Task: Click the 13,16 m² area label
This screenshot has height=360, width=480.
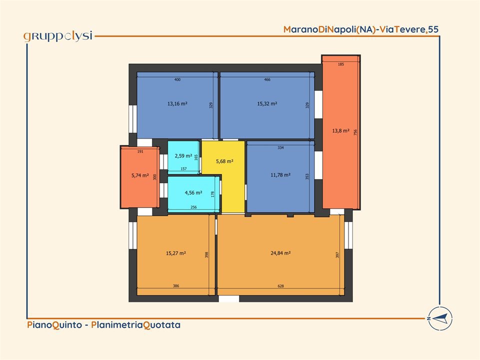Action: pyautogui.click(x=177, y=103)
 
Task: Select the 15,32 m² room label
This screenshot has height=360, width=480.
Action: pyautogui.click(x=267, y=103)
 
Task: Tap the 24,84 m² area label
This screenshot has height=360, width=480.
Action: pyautogui.click(x=280, y=253)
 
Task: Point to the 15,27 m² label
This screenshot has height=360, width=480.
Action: pyautogui.click(x=175, y=253)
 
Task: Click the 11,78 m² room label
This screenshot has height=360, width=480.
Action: pyautogui.click(x=280, y=175)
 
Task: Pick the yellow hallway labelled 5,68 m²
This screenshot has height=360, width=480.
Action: pyautogui.click(x=224, y=161)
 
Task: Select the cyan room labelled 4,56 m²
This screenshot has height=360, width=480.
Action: pyautogui.click(x=193, y=194)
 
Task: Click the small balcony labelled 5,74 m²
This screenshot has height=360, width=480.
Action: pyautogui.click(x=140, y=177)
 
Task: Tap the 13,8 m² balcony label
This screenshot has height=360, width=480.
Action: pyautogui.click(x=340, y=130)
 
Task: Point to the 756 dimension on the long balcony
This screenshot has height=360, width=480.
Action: pyautogui.click(x=355, y=132)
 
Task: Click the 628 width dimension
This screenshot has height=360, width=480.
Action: pyautogui.click(x=280, y=286)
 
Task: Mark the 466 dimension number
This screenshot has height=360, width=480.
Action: pyautogui.click(x=267, y=79)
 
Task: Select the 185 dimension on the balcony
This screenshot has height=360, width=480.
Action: pyautogui.click(x=341, y=64)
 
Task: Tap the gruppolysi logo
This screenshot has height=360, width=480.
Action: pyautogui.click(x=58, y=36)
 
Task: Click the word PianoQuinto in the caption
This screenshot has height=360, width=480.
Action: pyautogui.click(x=54, y=324)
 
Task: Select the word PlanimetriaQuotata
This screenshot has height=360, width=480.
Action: pyautogui.click(x=135, y=324)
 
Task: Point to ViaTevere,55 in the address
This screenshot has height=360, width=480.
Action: pyautogui.click(x=409, y=29)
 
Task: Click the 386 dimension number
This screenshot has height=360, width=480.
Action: pyautogui.click(x=176, y=286)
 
